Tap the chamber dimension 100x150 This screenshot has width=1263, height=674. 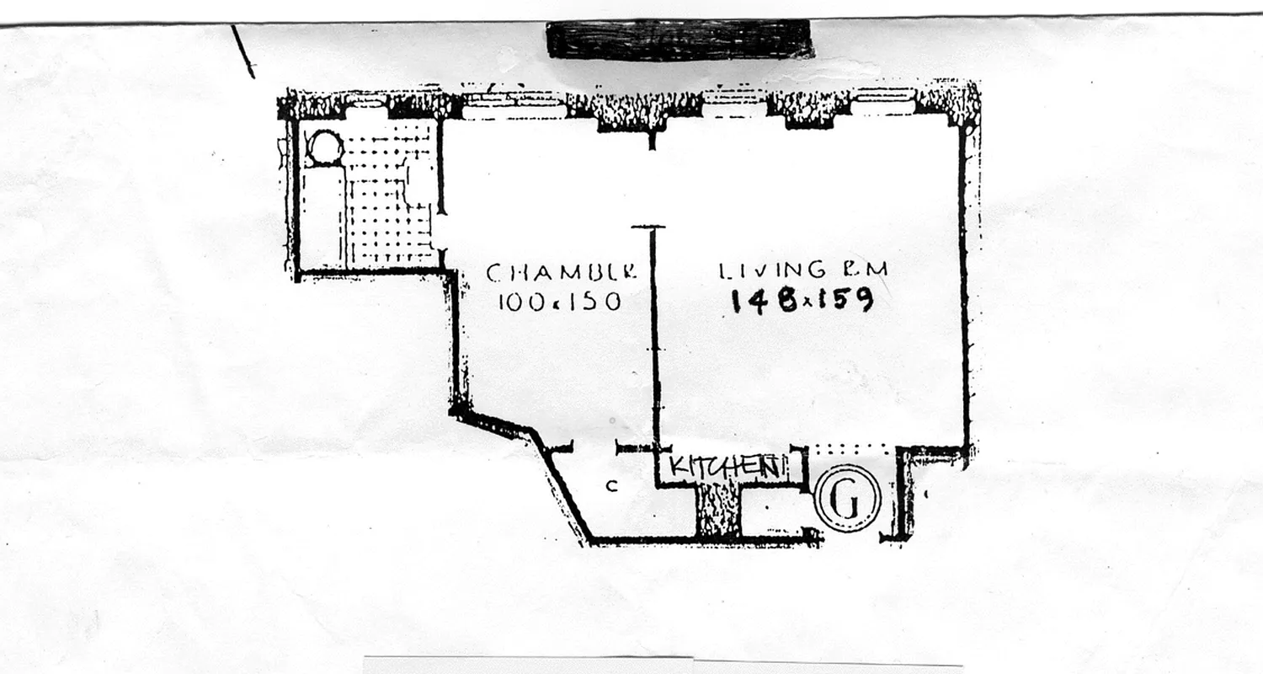(x=559, y=301)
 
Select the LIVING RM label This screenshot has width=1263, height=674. (x=802, y=270)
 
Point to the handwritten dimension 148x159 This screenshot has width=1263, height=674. (x=800, y=299)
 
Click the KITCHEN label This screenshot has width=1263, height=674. (x=723, y=466)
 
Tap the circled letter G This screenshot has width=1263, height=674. (x=848, y=499)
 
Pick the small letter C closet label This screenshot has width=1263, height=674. (x=613, y=485)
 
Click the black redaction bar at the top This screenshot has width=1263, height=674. (x=679, y=39)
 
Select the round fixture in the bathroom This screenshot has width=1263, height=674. (x=323, y=149)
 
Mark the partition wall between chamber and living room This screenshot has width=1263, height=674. (x=654, y=337)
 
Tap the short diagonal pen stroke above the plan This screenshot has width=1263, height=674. (x=242, y=51)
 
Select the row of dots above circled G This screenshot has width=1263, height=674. (x=847, y=451)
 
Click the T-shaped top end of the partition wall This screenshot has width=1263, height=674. (x=648, y=227)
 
